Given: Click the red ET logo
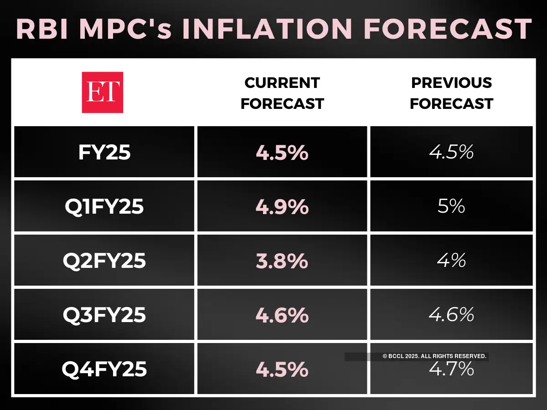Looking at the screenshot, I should coord(102,92).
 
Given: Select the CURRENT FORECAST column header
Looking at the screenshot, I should coord(282,93).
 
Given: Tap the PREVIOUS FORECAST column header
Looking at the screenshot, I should coord(451,93).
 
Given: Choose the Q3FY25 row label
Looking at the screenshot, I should coord(104,315).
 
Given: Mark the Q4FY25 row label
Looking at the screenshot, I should coord(104,369).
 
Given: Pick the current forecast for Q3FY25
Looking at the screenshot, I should coord(282,315).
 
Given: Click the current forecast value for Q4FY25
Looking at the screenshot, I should coord(282,369).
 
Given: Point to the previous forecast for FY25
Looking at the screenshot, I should coord(451,152).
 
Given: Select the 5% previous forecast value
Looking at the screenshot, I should coord(451,206).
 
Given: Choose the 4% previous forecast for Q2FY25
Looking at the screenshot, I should coord(451,261).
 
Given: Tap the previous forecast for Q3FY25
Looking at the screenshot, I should coord(451,314).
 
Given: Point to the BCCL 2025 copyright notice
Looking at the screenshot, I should coord(434,357).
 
